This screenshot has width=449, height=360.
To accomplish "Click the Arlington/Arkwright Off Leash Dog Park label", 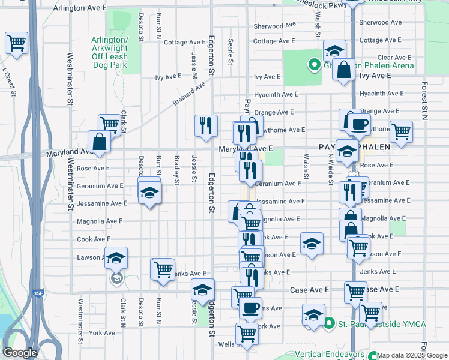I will coord(109,52).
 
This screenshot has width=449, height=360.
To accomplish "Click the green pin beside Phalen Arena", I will coord(313,65).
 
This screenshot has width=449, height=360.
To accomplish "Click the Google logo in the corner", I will coord(20,353).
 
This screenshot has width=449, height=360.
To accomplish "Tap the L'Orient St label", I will coord(8,79).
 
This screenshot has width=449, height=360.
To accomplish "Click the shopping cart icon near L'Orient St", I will coord(16,43).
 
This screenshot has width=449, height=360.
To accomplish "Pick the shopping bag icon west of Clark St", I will coord(100,142).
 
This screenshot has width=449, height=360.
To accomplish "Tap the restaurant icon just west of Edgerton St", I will coord(206,125).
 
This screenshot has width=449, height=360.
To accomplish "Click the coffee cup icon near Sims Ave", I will coord(250,308).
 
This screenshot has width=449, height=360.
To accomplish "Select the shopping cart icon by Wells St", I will coord(247,334).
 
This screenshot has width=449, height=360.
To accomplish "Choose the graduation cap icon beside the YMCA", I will coord(313,315).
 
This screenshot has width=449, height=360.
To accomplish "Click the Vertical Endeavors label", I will coord(331,355).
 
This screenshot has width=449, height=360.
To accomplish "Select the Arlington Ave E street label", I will coord(79,8).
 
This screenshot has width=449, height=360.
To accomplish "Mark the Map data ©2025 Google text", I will coord(411,355).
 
